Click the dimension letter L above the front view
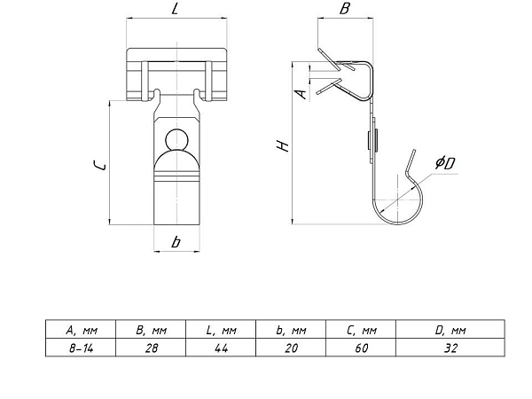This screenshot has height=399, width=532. (x=175, y=9)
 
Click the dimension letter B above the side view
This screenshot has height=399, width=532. (x=344, y=9)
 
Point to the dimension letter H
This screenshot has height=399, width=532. (x=283, y=145)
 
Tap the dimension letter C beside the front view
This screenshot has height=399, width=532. (x=99, y=165)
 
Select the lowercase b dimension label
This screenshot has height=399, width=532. (x=176, y=242)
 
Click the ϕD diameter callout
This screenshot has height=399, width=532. (x=445, y=163)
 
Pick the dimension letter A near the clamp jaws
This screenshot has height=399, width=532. (x=301, y=94)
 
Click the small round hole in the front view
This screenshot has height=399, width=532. (x=176, y=139)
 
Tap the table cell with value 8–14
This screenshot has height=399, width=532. (x=81, y=348)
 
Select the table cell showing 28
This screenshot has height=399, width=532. (x=151, y=348)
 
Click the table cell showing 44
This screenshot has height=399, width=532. (x=221, y=348)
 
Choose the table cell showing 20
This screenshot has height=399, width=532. (x=291, y=348)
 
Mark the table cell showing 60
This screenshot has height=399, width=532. (x=361, y=348)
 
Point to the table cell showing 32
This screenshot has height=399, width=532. (x=450, y=348)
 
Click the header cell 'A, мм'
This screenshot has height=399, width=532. (x=81, y=330)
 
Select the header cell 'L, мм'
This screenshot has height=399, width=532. (x=221, y=330)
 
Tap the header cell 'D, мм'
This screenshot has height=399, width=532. (x=450, y=330)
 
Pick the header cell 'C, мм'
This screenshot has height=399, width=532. (x=361, y=330)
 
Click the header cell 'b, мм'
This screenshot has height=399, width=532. (x=291, y=330)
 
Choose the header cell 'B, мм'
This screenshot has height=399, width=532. (x=151, y=330)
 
